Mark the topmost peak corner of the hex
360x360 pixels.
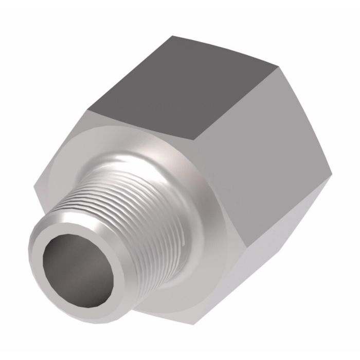(x=171, y=35)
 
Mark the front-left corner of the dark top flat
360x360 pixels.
(x=88, y=110)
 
